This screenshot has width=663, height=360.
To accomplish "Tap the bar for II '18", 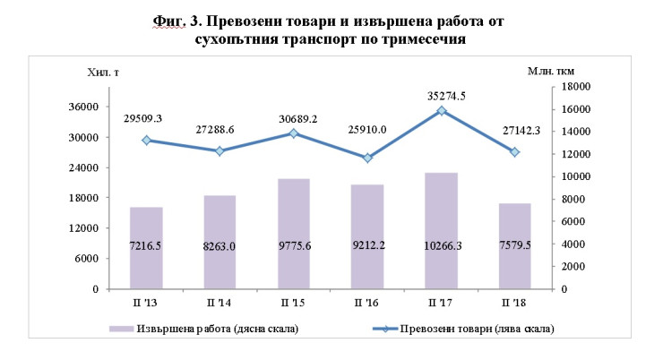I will tap(514, 246).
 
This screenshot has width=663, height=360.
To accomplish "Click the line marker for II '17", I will tap(441, 111).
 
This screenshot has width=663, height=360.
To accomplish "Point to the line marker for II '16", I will tap(367, 158).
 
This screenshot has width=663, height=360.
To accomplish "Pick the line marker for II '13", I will tap(146, 140).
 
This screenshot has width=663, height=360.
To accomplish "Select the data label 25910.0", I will tap(366, 129).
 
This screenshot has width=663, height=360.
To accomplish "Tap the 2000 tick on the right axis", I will tap(578, 267).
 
